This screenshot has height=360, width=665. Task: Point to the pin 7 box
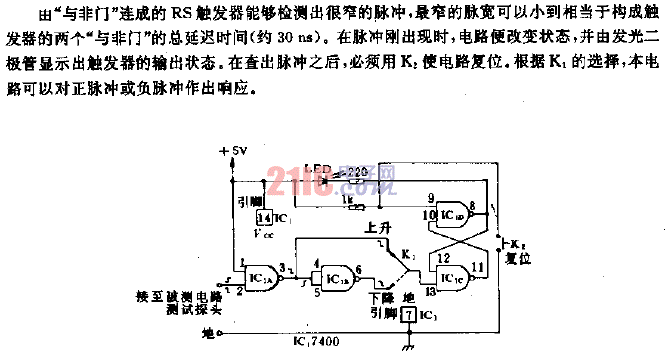[x=407, y=315]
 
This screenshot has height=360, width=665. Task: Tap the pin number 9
[x=431, y=197]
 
